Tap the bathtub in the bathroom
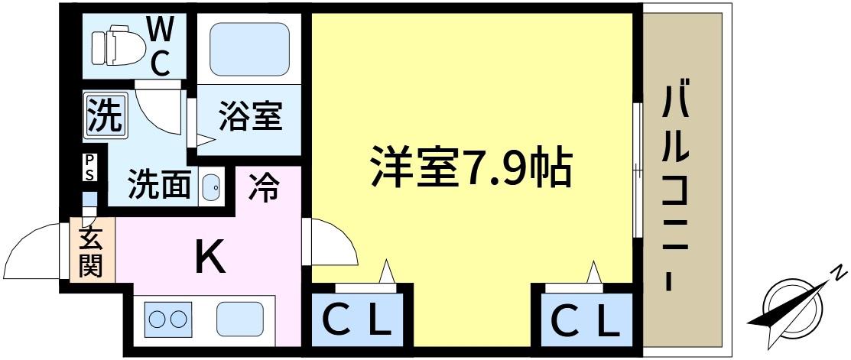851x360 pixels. [x=248, y=50]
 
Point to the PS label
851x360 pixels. [x=89, y=167]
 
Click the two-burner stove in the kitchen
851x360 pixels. [x=167, y=319]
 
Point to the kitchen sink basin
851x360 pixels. [x=240, y=319]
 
